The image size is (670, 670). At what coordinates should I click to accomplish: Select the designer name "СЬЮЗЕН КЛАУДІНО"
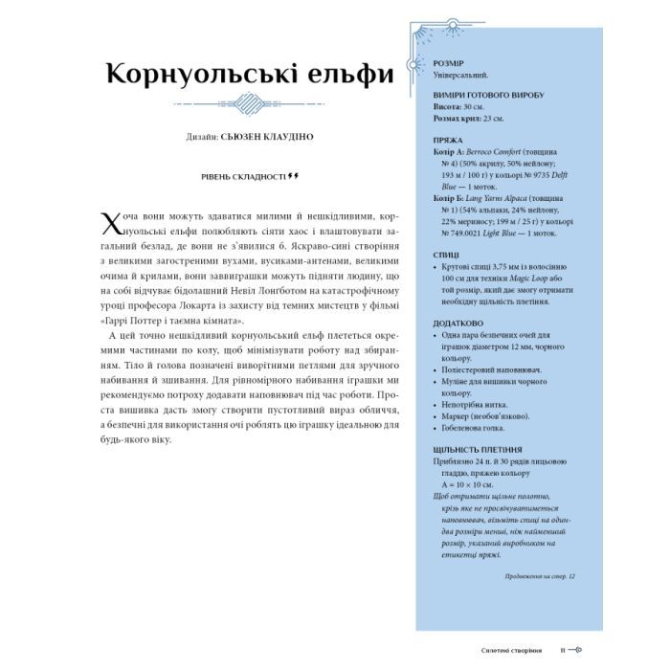point(266,137)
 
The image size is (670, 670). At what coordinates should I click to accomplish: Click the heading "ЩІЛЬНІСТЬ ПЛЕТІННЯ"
point(463,448)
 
